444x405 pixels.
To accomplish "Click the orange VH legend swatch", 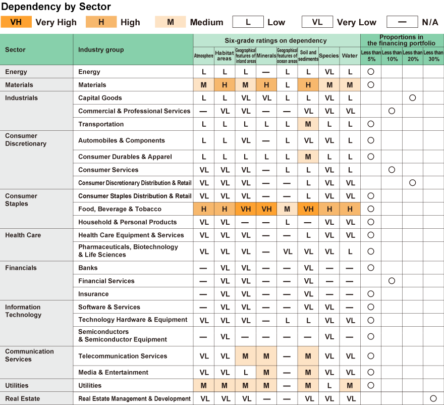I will coord(16,22).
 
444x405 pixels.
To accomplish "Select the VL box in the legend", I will coord(317,22).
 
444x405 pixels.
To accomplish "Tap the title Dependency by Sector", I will coord(55,7).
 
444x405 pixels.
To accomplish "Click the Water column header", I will coord(350,56).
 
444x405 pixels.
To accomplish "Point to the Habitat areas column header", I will coord(225,56).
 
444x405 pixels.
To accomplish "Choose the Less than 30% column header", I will coord(433,56).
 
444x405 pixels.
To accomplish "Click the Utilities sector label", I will coord(17,385).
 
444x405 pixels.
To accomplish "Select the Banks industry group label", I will coord(88,268).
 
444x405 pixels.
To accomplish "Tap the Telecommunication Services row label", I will coord(123,356).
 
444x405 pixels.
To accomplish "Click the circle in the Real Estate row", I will coord(433,398).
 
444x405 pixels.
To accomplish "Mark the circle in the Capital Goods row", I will coord(412,98).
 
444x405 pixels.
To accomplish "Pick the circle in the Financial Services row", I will coord(392,281).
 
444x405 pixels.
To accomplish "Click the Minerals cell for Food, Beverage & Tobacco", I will coord(266,209).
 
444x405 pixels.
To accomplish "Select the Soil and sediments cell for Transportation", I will coord(308,124).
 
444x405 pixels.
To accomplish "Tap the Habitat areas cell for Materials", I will coord(225,85).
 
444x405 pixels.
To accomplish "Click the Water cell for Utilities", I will coord(350,385).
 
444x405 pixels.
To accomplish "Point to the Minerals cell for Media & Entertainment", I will coord(266,372).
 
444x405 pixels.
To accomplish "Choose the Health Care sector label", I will coord(23,235).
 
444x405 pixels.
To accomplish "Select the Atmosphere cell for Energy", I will coord(204,72).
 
